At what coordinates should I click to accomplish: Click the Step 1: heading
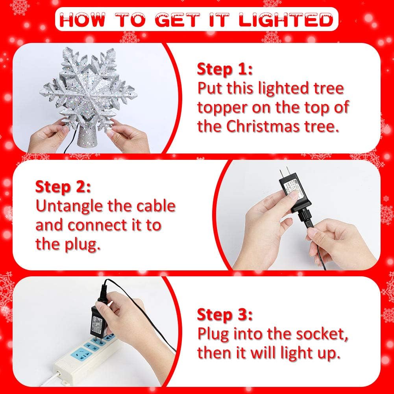(x=224, y=69)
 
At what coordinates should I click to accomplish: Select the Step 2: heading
(x=63, y=187)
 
